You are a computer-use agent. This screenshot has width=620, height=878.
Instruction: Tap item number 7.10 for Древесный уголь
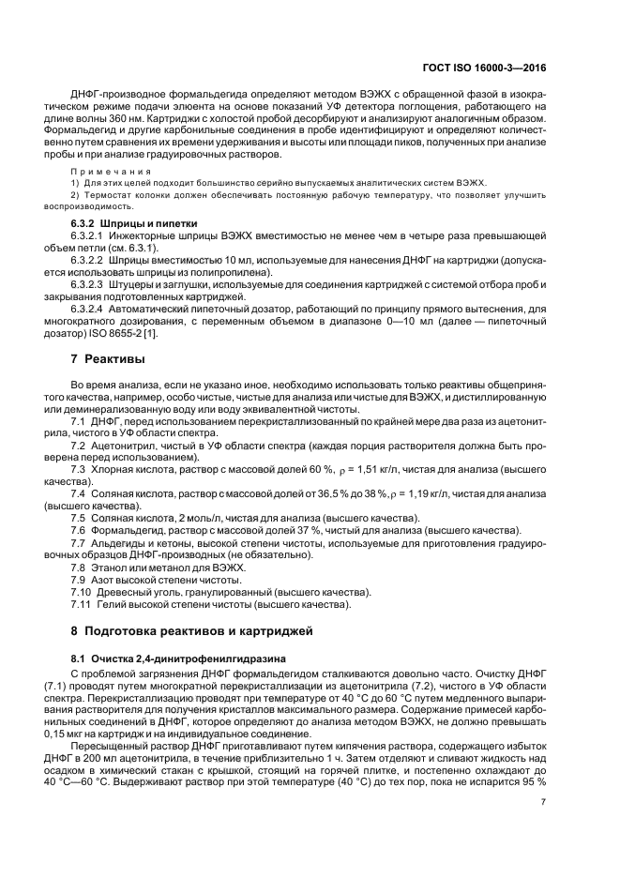(82, 590)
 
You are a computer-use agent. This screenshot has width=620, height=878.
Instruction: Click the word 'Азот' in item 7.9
(107, 578)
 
